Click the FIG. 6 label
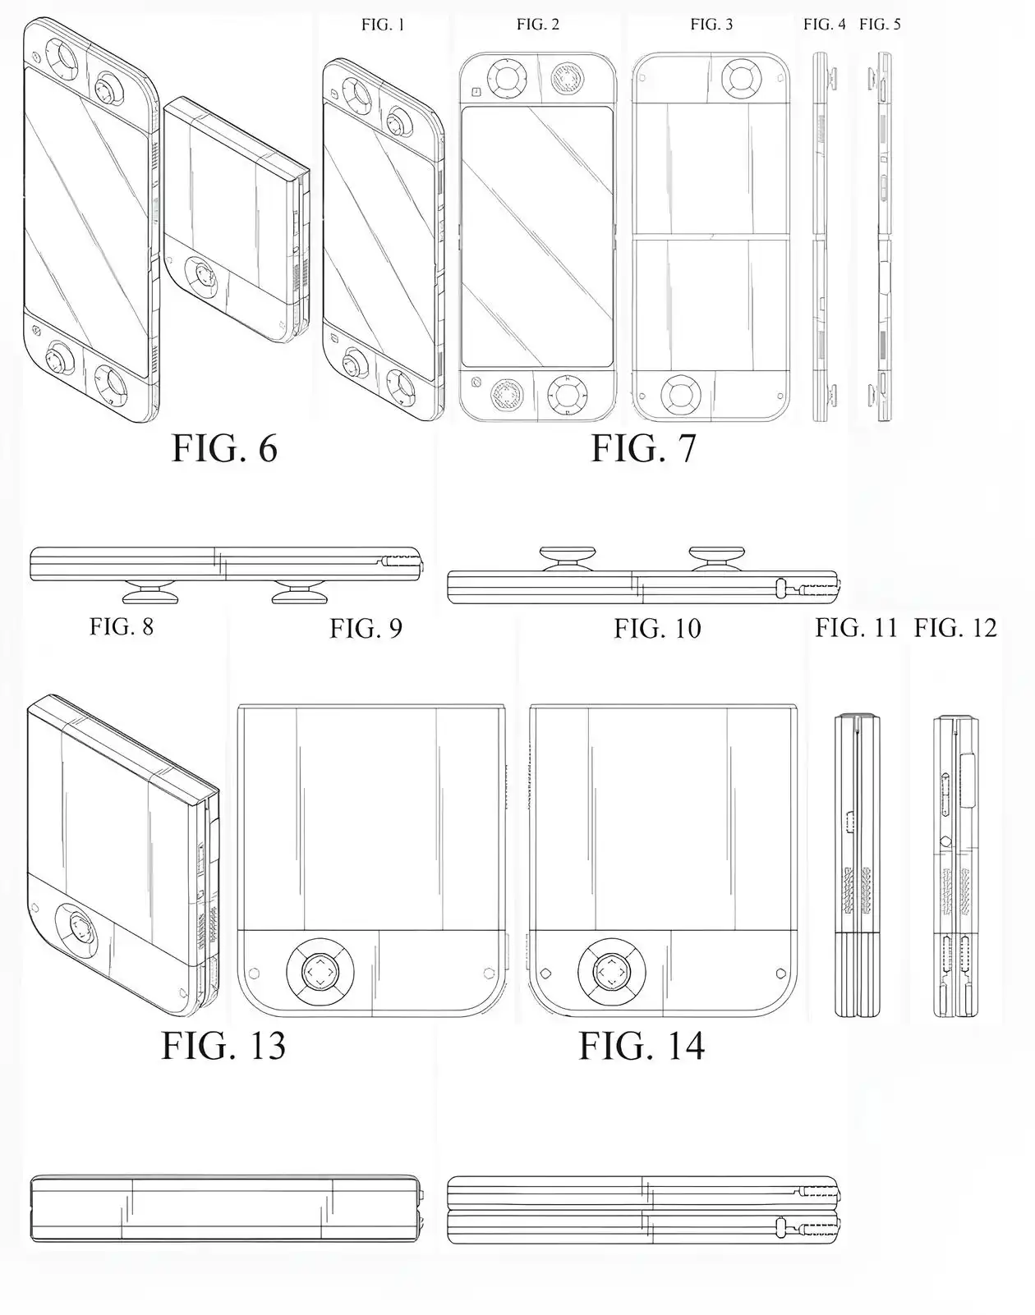tap(224, 448)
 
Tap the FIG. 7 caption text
tap(643, 448)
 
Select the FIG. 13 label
tap(223, 1046)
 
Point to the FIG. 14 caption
tap(642, 1046)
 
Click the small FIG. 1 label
tap(383, 25)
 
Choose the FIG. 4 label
tap(824, 25)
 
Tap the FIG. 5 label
tap(880, 25)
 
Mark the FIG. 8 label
tap(122, 627)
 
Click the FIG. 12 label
tap(955, 629)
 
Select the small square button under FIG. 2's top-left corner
tap(476, 92)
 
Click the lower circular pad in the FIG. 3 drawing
tap(681, 395)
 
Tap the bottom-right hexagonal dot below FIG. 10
tap(780, 974)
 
